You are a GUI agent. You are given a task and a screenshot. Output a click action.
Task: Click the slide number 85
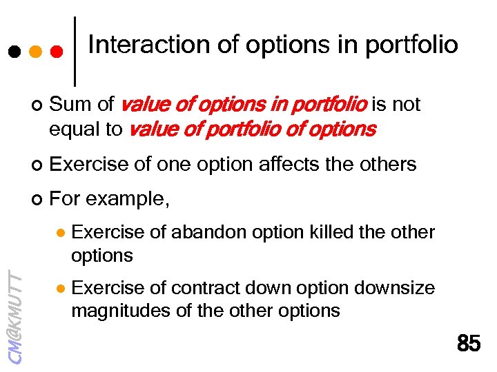click(x=469, y=343)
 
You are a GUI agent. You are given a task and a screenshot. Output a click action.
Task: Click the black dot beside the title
click(x=14, y=52)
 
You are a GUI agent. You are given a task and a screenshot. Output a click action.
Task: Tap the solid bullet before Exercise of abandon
click(x=60, y=233)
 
